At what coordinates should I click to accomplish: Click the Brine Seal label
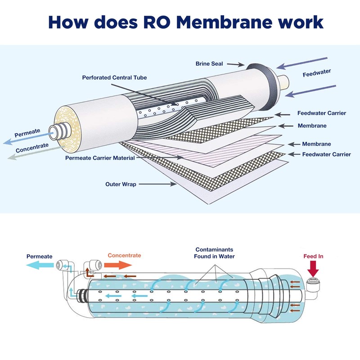pos(209,64)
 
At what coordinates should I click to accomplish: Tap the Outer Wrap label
pos(121,184)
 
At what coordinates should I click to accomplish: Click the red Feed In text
pos(314,256)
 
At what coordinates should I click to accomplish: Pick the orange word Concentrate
pos(124,255)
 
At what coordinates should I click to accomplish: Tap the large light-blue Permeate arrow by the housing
pos(40,265)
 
